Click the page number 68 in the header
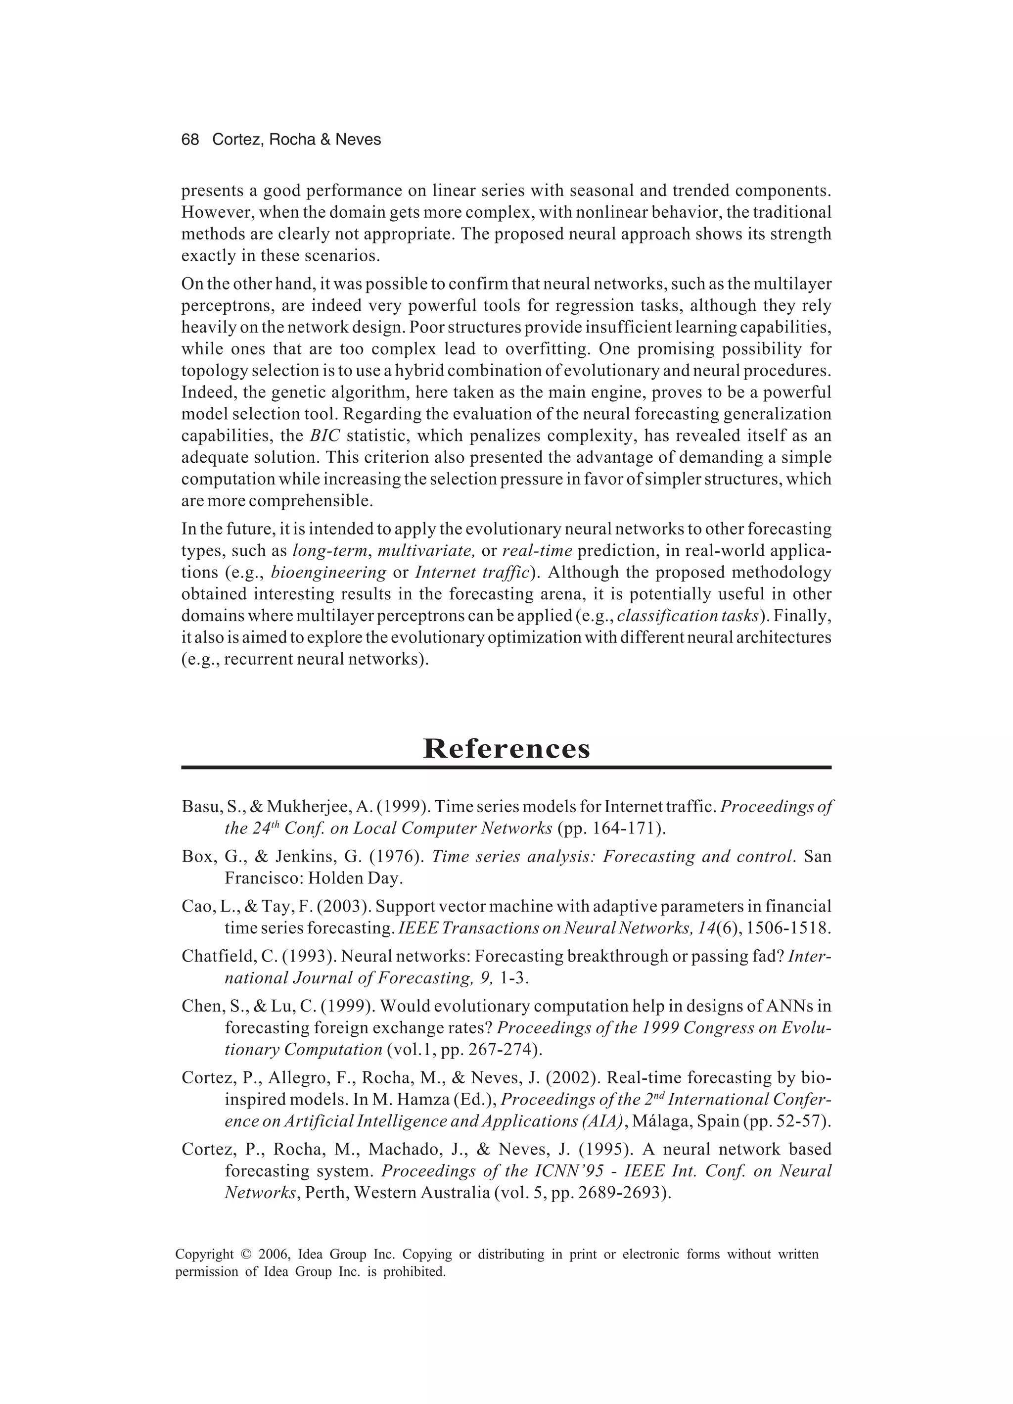click(x=190, y=140)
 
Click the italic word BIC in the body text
click(x=325, y=436)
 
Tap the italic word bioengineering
click(x=328, y=572)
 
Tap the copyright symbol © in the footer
click(x=246, y=1255)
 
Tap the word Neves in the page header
click(x=358, y=140)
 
